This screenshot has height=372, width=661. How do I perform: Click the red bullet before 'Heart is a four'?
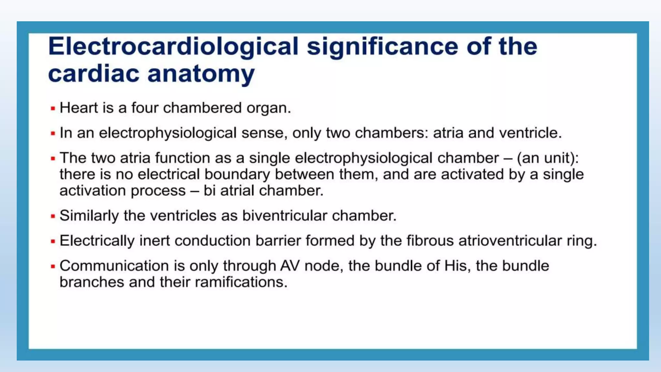[53, 108]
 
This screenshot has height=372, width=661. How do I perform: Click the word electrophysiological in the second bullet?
[168, 133]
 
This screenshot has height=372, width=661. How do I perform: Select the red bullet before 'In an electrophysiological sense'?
[53, 133]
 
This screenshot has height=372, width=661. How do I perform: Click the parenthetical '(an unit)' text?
[547, 158]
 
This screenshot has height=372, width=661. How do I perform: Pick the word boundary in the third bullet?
[237, 174]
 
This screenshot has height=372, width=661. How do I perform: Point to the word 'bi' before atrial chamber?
[209, 191]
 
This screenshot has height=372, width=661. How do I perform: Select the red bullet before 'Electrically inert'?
[53, 241]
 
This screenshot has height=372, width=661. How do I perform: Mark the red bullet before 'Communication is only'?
[53, 266]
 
